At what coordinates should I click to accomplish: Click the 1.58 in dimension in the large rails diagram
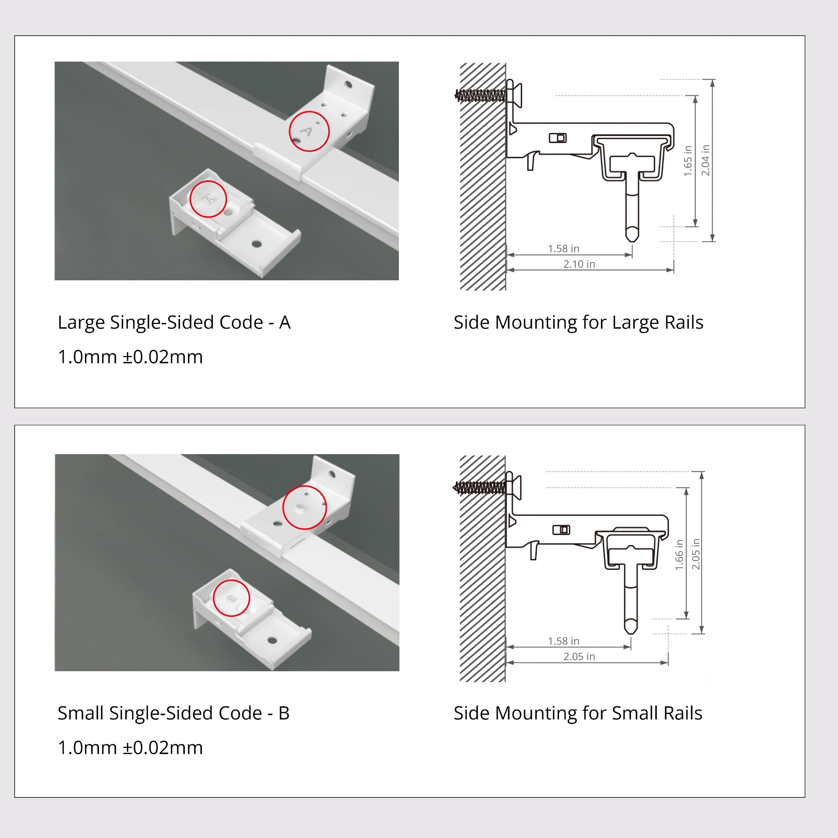click(x=563, y=248)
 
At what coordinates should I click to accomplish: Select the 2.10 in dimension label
click(x=579, y=264)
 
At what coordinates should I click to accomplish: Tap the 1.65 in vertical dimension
click(x=688, y=161)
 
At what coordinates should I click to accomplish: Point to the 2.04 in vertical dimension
click(x=705, y=160)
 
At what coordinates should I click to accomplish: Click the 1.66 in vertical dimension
click(x=679, y=555)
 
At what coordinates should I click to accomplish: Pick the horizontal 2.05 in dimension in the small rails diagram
click(x=579, y=657)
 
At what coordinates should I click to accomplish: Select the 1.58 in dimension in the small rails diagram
click(x=563, y=641)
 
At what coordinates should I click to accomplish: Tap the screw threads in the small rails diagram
click(x=480, y=488)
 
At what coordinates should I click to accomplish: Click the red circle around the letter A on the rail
click(x=309, y=131)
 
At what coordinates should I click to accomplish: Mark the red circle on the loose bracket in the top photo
click(x=208, y=199)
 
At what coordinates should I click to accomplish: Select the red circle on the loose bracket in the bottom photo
click(x=231, y=598)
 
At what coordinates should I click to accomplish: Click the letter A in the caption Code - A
click(x=285, y=322)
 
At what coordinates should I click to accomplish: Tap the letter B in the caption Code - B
click(x=284, y=713)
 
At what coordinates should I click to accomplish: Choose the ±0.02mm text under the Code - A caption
click(x=163, y=357)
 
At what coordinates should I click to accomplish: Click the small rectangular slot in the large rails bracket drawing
click(x=557, y=138)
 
